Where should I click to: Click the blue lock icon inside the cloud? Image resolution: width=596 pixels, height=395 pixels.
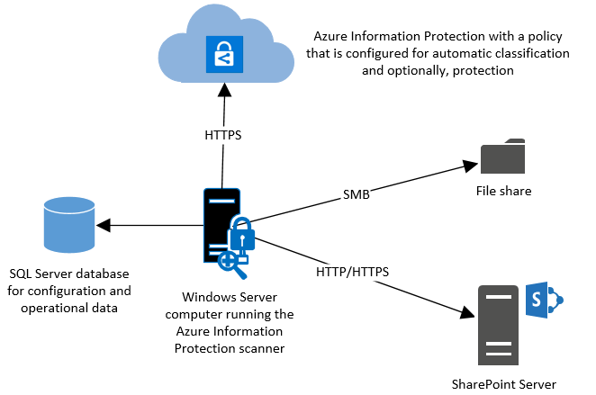224,54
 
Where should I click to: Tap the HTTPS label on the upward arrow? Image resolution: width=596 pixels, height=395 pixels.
223,135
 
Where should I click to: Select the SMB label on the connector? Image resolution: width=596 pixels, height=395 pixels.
357,194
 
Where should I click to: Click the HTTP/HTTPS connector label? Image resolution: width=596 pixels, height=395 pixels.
352,272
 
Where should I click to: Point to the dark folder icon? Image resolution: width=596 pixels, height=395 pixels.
502,156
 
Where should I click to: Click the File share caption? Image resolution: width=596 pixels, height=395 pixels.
503,191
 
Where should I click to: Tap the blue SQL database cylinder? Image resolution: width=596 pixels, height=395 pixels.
69,225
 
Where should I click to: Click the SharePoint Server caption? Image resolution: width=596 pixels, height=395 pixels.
503,384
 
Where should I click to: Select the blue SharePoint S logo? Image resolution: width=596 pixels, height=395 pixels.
544,300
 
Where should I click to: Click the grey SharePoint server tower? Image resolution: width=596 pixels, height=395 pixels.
498,325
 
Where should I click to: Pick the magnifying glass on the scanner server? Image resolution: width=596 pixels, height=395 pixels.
232,265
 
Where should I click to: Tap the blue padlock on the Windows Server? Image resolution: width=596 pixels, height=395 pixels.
242,237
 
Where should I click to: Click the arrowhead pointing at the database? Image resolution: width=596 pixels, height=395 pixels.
104,225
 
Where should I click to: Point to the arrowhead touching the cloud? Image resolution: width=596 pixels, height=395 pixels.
225,90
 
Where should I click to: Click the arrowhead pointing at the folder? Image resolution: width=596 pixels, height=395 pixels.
470,166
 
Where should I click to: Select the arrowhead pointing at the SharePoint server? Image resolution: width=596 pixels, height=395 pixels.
467,312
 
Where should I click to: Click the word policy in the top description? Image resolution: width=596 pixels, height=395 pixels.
545,37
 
